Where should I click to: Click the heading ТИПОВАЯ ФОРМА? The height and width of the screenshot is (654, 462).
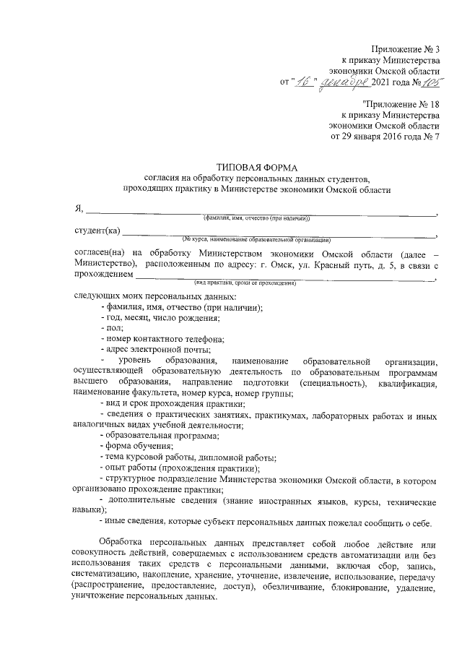click(x=256, y=168)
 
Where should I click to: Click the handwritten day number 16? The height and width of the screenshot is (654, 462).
click(x=303, y=82)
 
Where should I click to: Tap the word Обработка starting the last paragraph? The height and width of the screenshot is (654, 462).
click(x=121, y=542)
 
